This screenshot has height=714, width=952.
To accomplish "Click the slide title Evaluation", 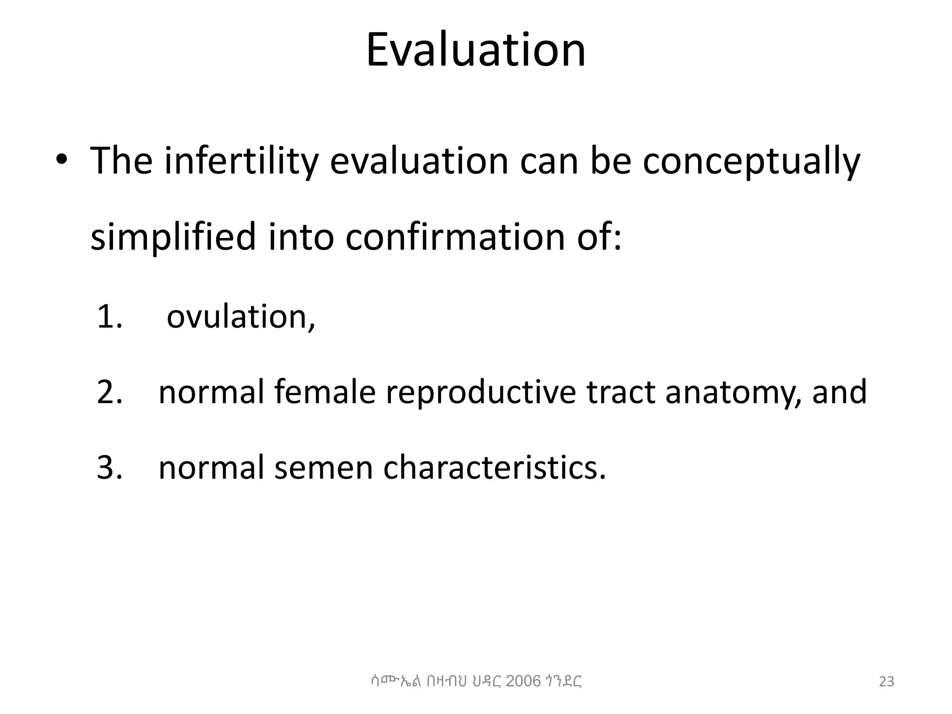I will [x=476, y=50].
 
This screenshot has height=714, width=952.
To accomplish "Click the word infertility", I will [x=241, y=161].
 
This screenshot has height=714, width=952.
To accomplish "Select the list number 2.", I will [x=109, y=392].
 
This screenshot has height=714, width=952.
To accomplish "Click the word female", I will [x=324, y=392].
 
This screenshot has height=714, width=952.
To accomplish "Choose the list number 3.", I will [x=109, y=467].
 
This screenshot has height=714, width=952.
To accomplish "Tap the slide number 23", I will [x=886, y=681].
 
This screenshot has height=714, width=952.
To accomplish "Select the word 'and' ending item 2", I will [x=839, y=392].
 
